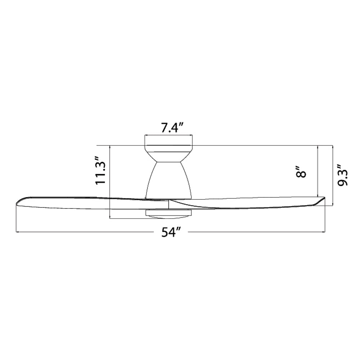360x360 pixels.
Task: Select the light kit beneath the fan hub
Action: click(169, 213)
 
